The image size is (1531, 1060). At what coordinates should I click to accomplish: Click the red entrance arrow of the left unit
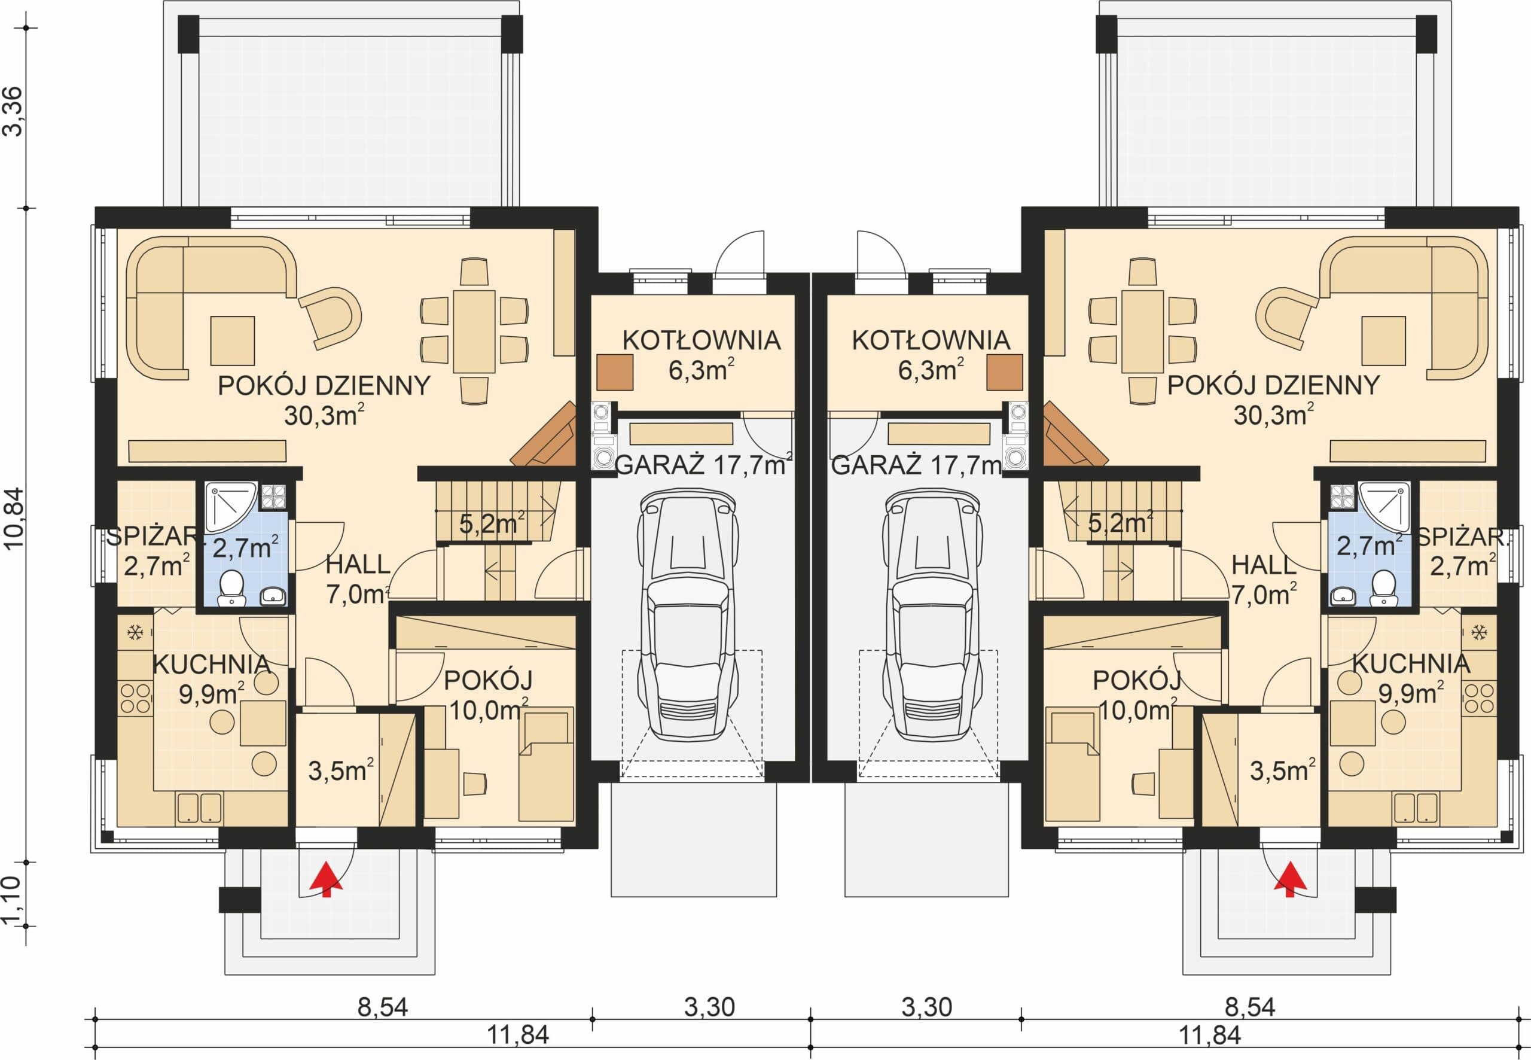326,879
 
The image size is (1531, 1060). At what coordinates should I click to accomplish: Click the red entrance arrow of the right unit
1290,879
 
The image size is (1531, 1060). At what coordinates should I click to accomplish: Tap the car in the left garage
688,614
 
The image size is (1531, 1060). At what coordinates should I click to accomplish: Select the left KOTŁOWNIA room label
701,340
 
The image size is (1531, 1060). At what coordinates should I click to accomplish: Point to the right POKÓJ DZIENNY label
1273,386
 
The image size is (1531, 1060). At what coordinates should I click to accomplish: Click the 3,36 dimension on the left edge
14,112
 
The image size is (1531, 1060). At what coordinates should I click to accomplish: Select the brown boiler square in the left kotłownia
614,373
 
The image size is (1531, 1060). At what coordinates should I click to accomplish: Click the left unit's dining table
474,331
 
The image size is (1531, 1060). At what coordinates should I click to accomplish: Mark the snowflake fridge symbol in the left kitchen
135,632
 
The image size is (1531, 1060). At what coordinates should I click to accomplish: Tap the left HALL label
358,565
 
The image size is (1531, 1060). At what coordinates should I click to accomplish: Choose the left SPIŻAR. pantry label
152,536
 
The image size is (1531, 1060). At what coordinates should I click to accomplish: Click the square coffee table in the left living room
233,341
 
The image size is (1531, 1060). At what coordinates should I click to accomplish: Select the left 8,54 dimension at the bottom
382,1007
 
